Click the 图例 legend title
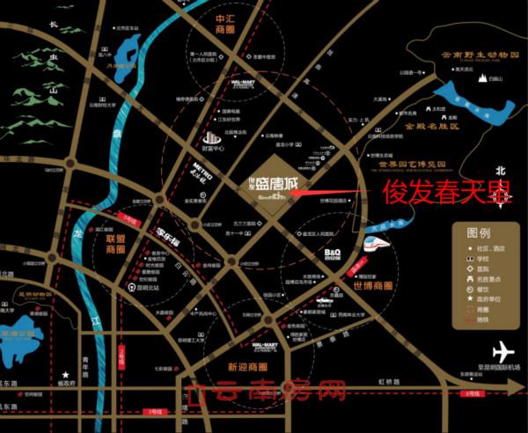478,234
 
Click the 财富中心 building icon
211,142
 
